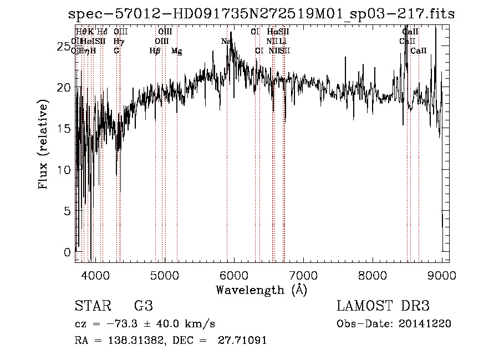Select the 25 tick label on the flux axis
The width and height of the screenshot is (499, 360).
click(x=65, y=47)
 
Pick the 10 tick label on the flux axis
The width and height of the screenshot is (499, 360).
click(x=65, y=170)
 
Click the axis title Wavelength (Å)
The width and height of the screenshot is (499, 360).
click(x=261, y=290)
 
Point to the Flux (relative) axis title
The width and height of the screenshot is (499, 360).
click(x=44, y=144)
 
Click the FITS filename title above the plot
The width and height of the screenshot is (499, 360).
click(x=261, y=14)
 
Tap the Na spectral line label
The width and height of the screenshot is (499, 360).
click(x=226, y=42)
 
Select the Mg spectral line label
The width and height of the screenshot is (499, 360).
click(x=176, y=51)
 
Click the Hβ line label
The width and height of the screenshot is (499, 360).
click(x=155, y=51)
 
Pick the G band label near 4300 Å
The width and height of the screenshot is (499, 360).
click(x=116, y=51)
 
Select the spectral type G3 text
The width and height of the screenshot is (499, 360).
click(x=143, y=306)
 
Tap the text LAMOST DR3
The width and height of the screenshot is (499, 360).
click(x=383, y=306)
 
